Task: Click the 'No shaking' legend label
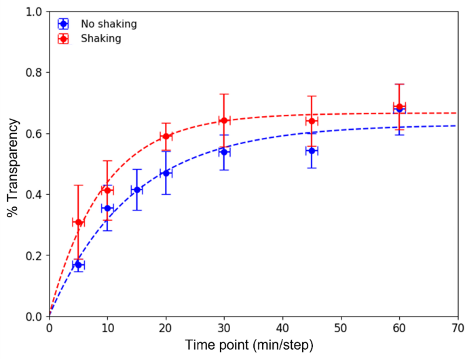pyautogui.click(x=109, y=24)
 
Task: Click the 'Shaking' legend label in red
pyautogui.click(x=100, y=39)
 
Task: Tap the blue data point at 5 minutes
pyautogui.click(x=78, y=264)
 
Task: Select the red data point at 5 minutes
pyautogui.click(x=78, y=222)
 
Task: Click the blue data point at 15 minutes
pyautogui.click(x=136, y=190)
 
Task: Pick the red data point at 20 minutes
pyautogui.click(x=166, y=136)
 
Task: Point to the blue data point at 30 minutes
pyautogui.click(x=223, y=151)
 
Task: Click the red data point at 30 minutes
pyautogui.click(x=223, y=120)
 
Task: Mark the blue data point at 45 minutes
pyautogui.click(x=312, y=150)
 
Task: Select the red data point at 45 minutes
pyautogui.click(x=312, y=121)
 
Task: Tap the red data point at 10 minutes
pyautogui.click(x=107, y=190)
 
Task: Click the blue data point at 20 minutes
pyautogui.click(x=166, y=173)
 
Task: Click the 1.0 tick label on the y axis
pyautogui.click(x=34, y=12)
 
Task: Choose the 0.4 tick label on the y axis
pyautogui.click(x=34, y=194)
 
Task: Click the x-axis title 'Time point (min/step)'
pyautogui.click(x=249, y=346)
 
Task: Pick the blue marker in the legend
pyautogui.click(x=62, y=24)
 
